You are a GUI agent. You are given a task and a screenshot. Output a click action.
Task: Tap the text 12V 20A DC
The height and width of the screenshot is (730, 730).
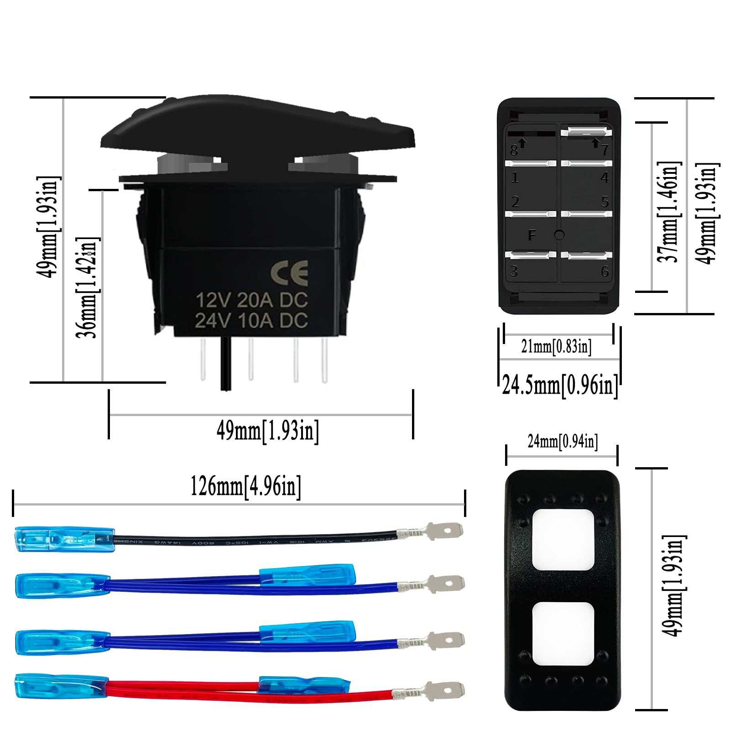click(252, 300)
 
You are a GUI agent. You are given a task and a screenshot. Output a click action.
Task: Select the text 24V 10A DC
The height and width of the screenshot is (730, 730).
click(251, 321)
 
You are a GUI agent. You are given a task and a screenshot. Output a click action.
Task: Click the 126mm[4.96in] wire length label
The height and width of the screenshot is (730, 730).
click(245, 486)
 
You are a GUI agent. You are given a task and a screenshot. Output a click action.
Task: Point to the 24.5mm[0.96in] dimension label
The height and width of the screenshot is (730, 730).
click(560, 385)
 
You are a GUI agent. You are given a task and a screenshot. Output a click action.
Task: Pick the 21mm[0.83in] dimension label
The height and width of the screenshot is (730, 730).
click(556, 347)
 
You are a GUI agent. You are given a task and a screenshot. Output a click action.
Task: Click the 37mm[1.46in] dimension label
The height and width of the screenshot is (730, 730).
click(669, 212)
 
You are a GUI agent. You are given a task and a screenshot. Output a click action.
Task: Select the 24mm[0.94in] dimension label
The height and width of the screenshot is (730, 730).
click(563, 441)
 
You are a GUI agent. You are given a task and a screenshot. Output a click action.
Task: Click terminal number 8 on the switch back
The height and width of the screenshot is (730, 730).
click(514, 150)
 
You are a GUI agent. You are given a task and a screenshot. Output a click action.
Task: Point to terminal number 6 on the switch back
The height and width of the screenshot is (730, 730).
click(605, 272)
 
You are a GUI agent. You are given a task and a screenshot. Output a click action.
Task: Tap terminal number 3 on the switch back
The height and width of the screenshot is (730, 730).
click(514, 271)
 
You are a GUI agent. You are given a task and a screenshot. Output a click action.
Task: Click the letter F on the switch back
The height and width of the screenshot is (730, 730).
click(532, 235)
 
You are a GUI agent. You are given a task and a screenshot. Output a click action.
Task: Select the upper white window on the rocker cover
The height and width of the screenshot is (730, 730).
click(563, 539)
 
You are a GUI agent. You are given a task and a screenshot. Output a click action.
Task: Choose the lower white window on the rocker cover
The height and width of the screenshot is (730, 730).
click(563, 633)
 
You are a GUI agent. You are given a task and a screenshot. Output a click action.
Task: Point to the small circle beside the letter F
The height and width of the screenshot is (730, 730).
click(559, 235)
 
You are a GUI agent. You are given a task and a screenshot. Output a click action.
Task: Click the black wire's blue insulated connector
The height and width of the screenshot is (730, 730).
click(64, 539)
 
